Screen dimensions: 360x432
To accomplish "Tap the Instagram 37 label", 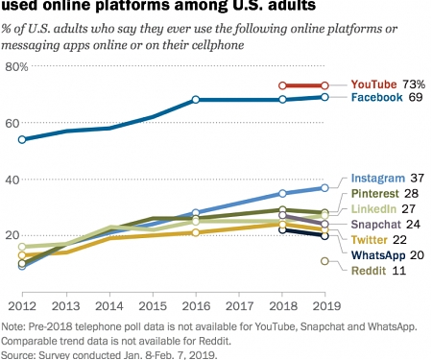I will click(388, 179).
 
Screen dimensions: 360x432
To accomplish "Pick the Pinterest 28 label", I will click(388, 194).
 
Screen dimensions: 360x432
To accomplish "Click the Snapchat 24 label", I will click(388, 224).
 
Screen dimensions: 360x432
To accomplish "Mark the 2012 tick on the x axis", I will click(22, 306).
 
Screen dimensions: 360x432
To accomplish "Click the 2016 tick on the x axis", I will click(195, 306).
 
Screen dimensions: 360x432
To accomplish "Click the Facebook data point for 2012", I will click(22, 139).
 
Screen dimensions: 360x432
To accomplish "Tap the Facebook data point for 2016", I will click(195, 100).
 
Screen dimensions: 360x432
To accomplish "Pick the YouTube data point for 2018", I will click(282, 85).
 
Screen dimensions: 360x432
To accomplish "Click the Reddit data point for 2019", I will click(325, 261).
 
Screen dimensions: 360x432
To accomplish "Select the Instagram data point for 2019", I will click(325, 187).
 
